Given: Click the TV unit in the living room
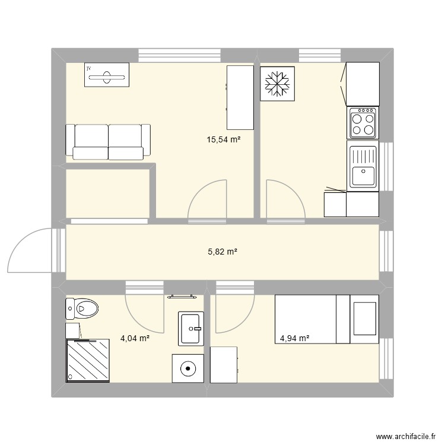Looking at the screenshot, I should [107, 75].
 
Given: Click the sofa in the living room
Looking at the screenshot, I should [108, 142].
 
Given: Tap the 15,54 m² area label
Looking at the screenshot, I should [223, 140].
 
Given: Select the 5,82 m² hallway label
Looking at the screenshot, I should [223, 252].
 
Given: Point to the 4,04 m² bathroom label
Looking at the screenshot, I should [135, 339].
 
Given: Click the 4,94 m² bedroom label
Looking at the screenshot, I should [295, 339].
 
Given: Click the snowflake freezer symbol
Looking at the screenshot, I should [276, 84].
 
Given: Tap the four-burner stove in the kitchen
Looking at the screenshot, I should [363, 123].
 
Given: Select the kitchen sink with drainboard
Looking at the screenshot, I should [363, 167].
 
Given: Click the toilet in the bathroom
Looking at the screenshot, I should [84, 309].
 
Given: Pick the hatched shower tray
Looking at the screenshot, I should [88, 360].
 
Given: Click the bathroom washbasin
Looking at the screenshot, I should [191, 328].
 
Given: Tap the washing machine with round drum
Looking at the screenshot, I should [188, 368].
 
